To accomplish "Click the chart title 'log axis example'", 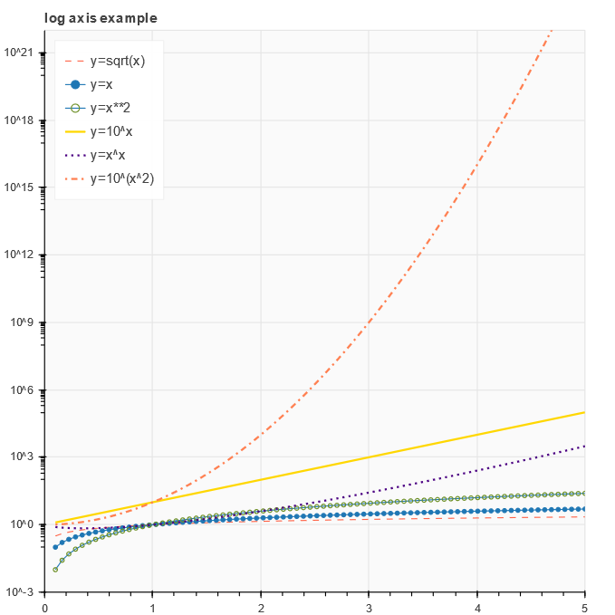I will pyautogui.click(x=101, y=18).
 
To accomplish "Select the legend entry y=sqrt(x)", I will pyautogui.click(x=118, y=61).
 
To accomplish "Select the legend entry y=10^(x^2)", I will pyautogui.click(x=122, y=178).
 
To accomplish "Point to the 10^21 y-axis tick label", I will pyautogui.click(x=19, y=53).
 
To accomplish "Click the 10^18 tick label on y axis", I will pyautogui.click(x=19, y=120).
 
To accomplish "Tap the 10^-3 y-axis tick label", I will pyautogui.click(x=21, y=592).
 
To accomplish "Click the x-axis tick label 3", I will pyautogui.click(x=369, y=606).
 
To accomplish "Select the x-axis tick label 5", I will pyautogui.click(x=584, y=606).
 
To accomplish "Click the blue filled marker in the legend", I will pyautogui.click(x=75, y=84).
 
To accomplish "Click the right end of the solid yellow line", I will pyautogui.click(x=584, y=412).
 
